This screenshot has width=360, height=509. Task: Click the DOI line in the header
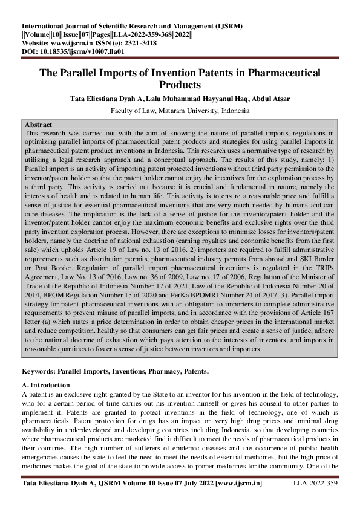(73, 51)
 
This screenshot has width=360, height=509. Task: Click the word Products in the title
(180, 85)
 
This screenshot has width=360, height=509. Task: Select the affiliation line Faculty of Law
(180, 111)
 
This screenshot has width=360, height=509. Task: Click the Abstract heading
(37, 125)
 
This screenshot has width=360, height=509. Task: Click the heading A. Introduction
(45, 385)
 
